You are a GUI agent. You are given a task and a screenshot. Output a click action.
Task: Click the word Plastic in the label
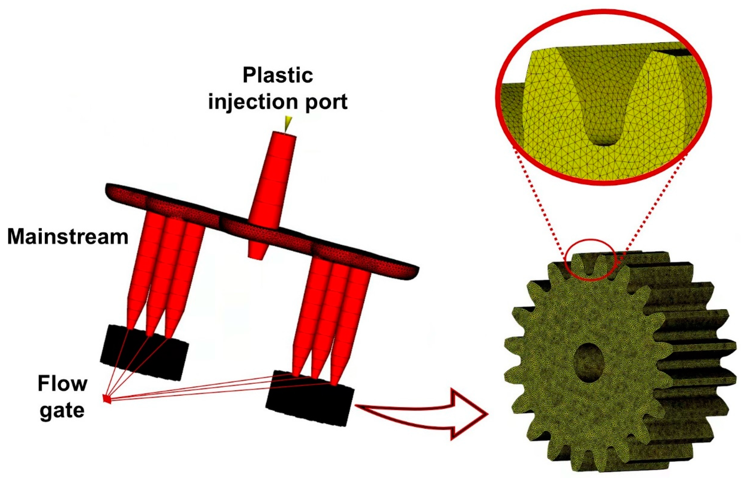coord(278,75)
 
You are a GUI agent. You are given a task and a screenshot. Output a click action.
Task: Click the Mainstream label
coord(67,237)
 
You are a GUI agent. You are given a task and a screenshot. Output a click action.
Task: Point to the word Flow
coord(62,384)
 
